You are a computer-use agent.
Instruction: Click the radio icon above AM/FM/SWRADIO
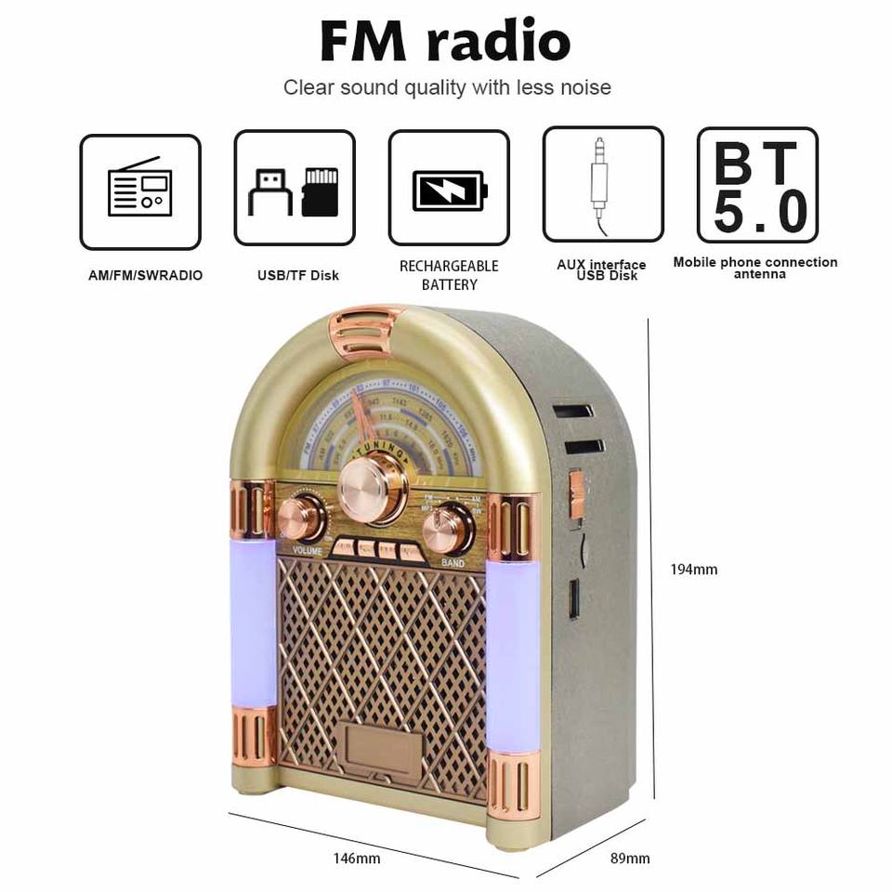pos(140,191)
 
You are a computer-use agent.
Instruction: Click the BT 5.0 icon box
pos(757,185)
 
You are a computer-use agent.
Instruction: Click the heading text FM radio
pos(445,41)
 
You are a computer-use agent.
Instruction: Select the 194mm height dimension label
pos(694,570)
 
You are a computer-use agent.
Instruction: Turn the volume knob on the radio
pos(299,517)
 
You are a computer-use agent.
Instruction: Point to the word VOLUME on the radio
pos(307,550)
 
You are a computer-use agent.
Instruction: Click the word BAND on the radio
pos(453,563)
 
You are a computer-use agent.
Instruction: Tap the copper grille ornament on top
pos(365,332)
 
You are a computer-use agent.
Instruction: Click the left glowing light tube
pos(254,623)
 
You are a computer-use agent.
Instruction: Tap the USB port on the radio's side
pos(573,599)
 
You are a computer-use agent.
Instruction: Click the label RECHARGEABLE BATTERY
pos(449,275)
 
